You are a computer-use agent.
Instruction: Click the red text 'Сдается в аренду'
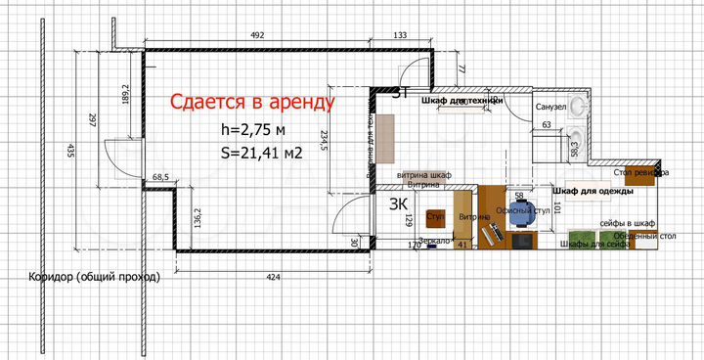tap(252, 101)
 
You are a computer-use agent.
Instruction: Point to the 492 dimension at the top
tap(258, 34)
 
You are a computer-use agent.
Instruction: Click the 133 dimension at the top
tap(400, 34)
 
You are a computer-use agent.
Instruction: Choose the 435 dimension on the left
tap(70, 151)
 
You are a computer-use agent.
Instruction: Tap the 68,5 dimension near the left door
tap(161, 177)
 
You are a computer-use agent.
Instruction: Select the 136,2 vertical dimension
tap(198, 217)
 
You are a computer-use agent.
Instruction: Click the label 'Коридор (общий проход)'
tap(94, 277)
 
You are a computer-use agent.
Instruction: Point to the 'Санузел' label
tap(550, 107)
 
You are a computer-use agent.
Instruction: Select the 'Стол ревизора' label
tap(642, 173)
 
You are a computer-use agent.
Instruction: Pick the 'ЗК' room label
tap(399, 204)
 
